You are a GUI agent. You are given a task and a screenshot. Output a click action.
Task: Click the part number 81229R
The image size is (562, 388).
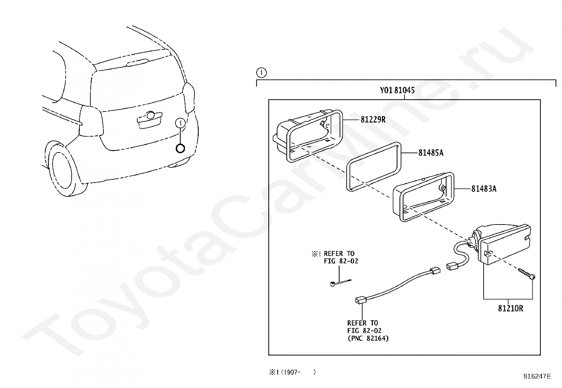[373, 120]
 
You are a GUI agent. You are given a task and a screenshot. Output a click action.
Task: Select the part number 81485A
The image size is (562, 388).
[431, 153]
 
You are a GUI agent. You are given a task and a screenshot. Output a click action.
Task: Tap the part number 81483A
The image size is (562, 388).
[484, 189]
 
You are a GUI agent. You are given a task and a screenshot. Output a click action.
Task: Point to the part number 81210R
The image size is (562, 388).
[510, 309]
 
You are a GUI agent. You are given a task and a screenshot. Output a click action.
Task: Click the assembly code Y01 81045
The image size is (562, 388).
[397, 90]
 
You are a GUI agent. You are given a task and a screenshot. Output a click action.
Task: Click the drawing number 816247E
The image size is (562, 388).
[537, 376]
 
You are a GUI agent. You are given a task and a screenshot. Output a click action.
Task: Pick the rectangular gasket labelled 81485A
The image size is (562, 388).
[374, 167]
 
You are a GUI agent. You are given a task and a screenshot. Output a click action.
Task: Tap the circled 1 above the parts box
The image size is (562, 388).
[261, 73]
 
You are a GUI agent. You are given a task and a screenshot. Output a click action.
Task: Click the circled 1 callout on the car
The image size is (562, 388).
[180, 123]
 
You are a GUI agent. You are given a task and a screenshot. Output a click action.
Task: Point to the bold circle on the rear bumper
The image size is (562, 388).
[180, 148]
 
